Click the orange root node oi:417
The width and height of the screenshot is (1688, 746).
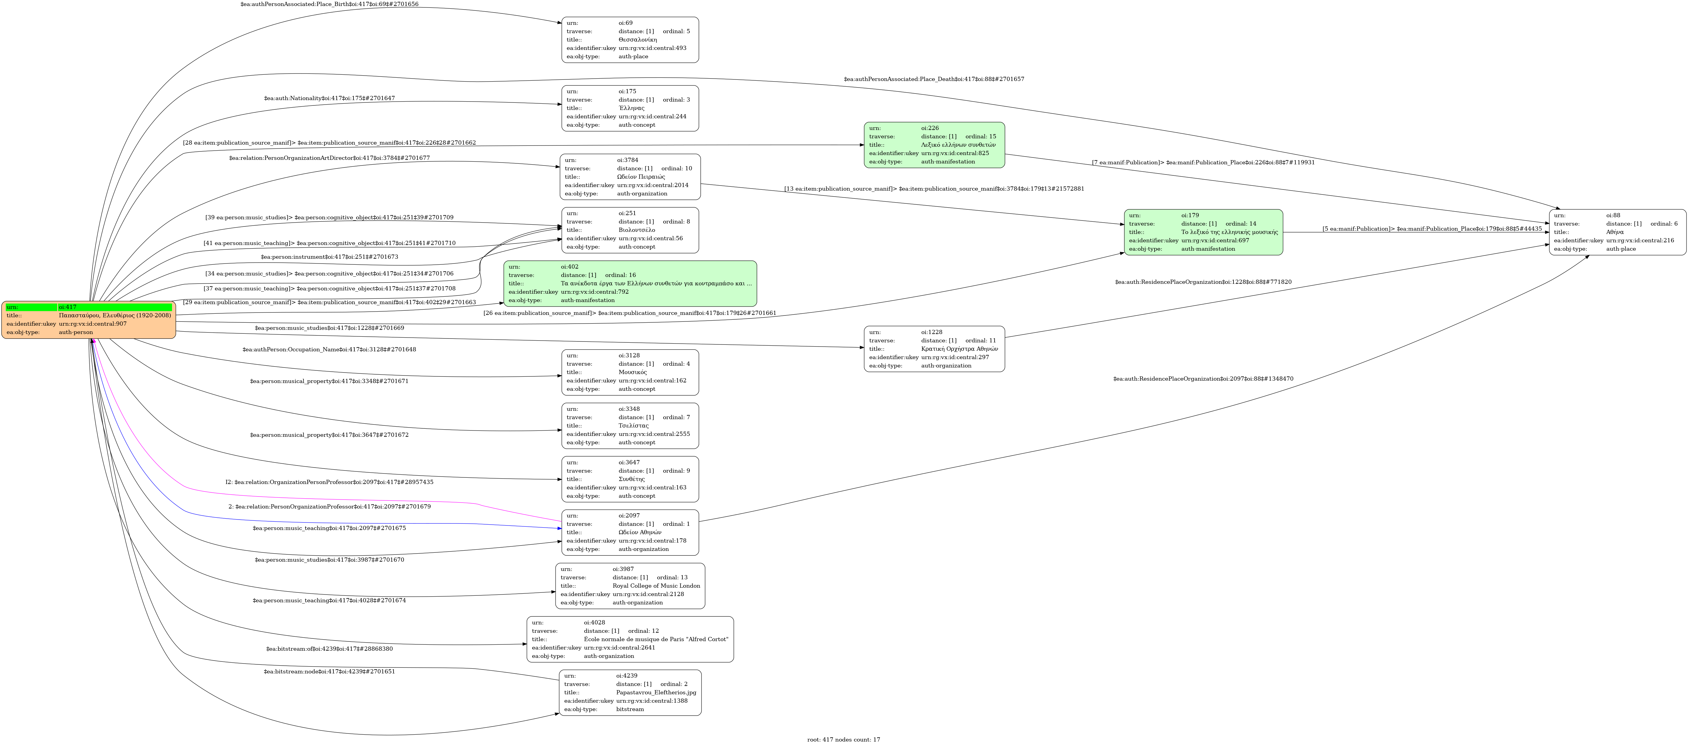89,320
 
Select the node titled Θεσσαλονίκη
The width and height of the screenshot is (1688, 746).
630,40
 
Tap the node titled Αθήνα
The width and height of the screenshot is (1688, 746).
1617,232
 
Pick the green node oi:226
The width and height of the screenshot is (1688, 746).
934,145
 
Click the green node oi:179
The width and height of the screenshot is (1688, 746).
1203,232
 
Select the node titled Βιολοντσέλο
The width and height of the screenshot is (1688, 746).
630,230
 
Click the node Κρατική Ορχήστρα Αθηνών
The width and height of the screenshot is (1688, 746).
934,348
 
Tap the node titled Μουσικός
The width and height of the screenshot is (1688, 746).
630,372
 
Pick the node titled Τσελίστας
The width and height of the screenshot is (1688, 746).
630,426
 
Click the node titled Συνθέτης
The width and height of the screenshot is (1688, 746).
630,479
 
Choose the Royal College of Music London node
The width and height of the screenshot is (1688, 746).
630,586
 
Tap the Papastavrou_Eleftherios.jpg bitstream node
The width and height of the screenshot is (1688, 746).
630,692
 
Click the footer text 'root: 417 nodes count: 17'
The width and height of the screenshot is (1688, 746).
843,739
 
